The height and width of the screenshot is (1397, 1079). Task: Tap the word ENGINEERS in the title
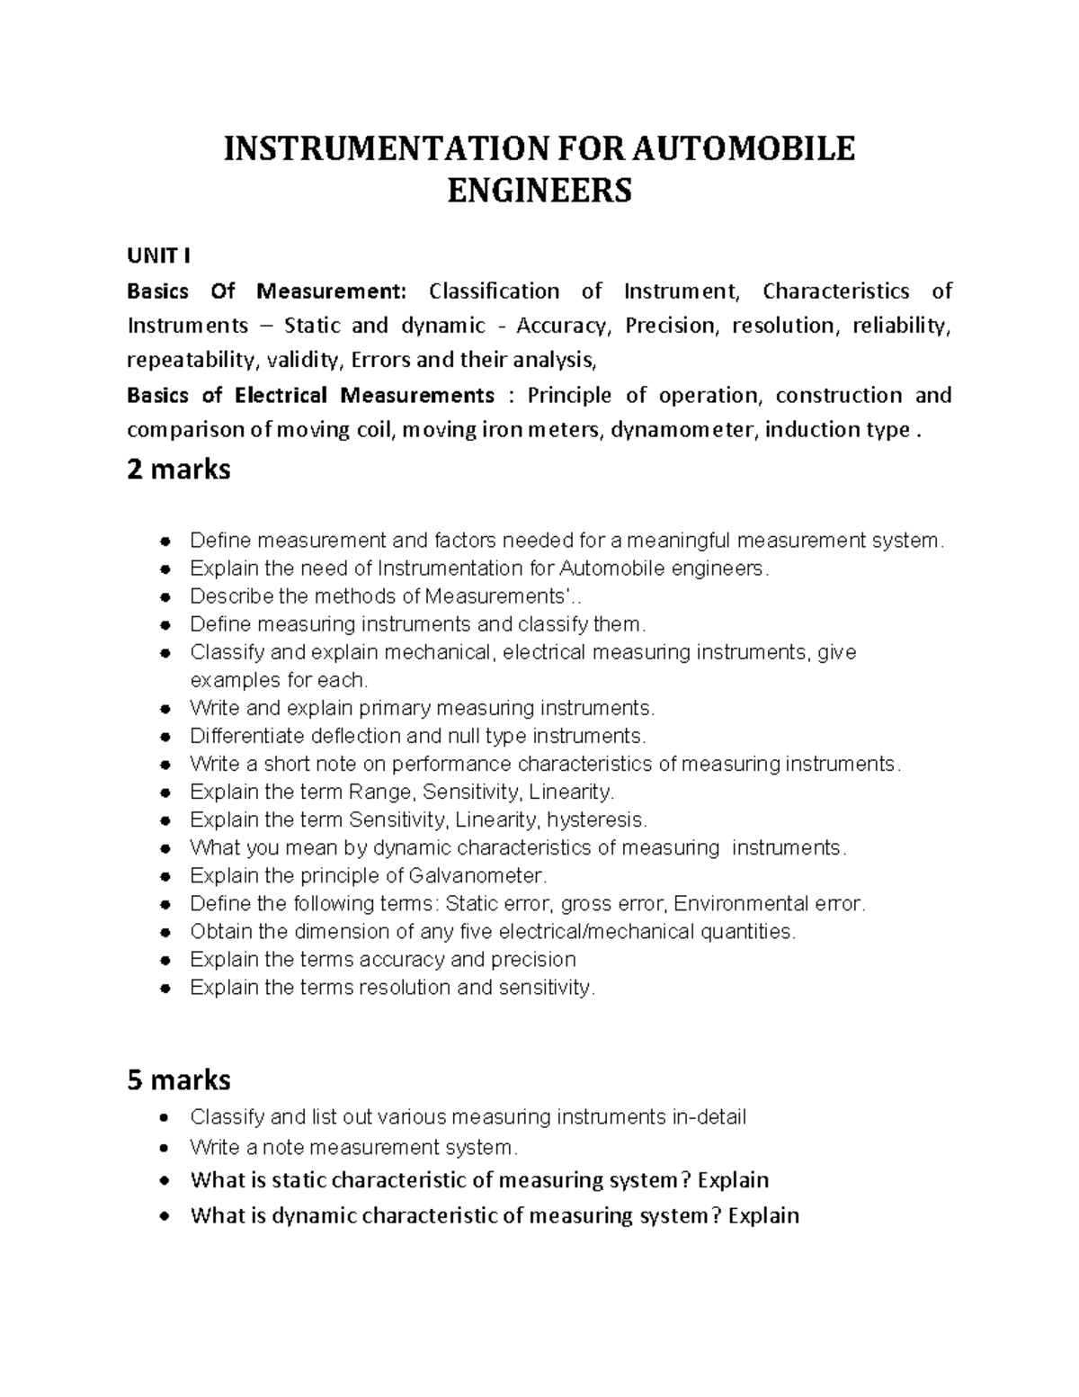[x=539, y=191]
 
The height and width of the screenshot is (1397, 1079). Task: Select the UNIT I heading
[x=158, y=256]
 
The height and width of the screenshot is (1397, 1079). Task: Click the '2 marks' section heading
[x=179, y=469]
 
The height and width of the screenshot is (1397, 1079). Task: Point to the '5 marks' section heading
[x=179, y=1079]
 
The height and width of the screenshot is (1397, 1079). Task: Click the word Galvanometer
[x=476, y=875]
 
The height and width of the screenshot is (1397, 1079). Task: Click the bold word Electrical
[x=281, y=396]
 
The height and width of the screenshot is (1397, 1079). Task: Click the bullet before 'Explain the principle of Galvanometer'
[x=164, y=876]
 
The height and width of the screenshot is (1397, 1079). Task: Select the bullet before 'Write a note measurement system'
[x=164, y=1149]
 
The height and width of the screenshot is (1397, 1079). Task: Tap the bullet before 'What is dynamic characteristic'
[x=164, y=1217]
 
